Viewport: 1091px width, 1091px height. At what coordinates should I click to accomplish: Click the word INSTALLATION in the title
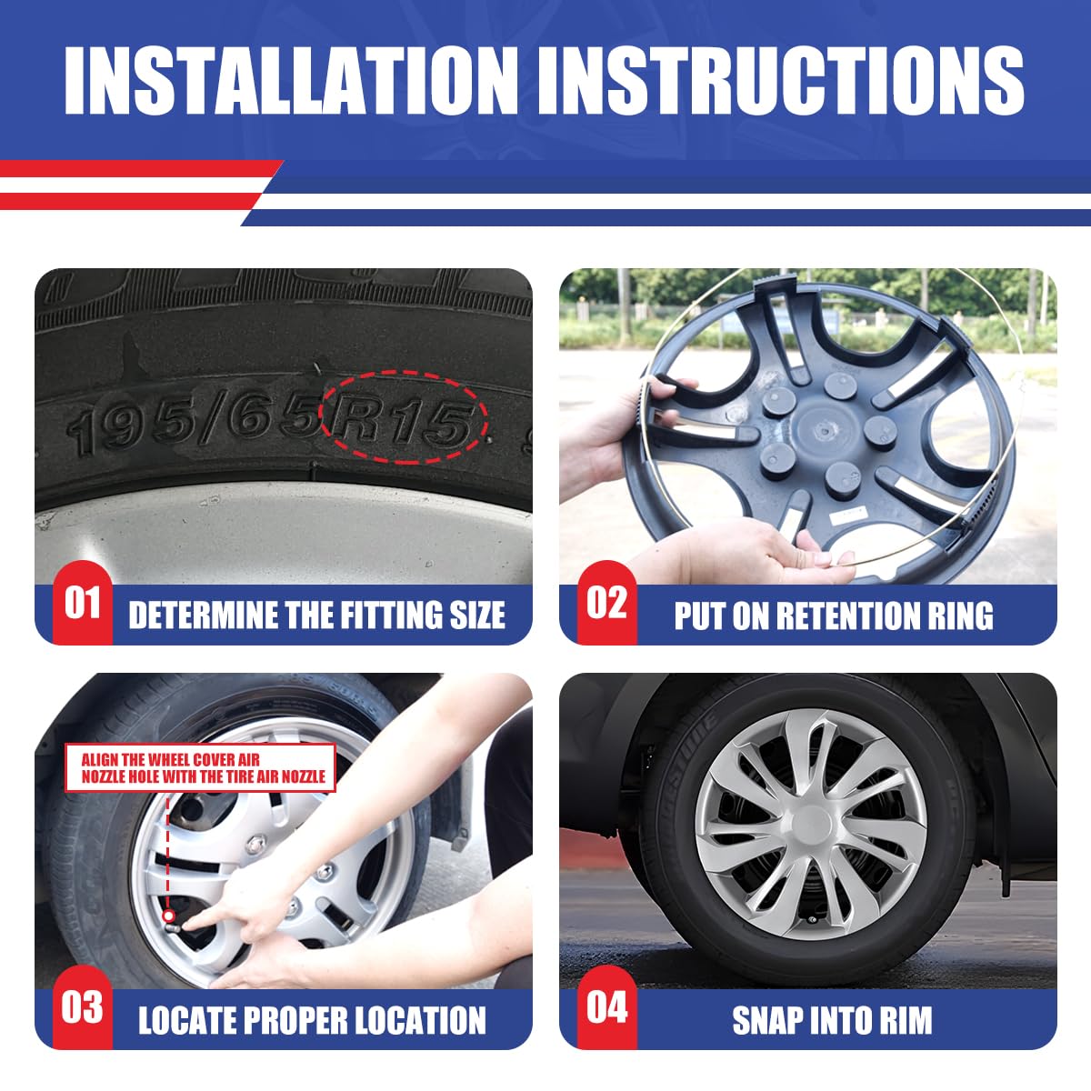[x=291, y=80]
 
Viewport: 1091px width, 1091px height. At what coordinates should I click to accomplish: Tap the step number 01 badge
[x=83, y=603]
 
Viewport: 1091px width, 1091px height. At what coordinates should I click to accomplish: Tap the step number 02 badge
[x=607, y=603]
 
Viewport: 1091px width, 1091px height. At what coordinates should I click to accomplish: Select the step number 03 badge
[x=83, y=1007]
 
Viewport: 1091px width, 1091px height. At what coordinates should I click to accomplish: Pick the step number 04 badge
[x=607, y=1007]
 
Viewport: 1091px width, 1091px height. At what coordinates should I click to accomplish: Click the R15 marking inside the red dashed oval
[x=403, y=421]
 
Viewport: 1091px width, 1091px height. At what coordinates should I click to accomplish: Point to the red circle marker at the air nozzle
[x=167, y=916]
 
